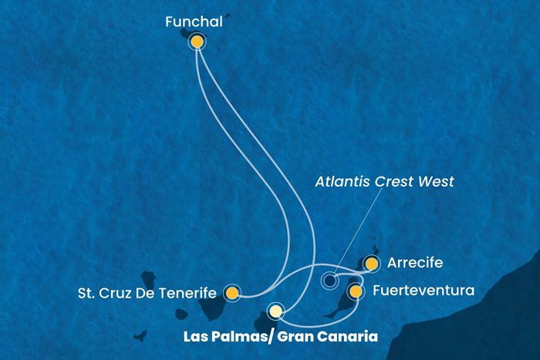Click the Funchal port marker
point(197,42)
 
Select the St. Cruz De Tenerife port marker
point(231,293)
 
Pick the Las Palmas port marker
point(275,311)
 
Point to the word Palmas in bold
point(231,337)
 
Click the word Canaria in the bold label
point(351,337)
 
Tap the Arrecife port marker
point(372,264)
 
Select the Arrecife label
point(416,264)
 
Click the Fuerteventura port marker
point(356,291)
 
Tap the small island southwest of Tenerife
point(140,336)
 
